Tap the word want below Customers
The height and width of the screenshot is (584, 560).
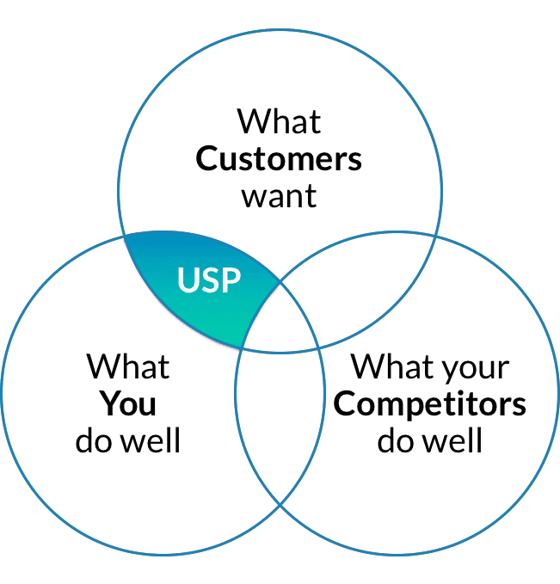pyautogui.click(x=279, y=196)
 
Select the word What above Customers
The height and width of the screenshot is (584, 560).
pyautogui.click(x=279, y=120)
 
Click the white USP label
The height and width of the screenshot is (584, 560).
pyautogui.click(x=209, y=280)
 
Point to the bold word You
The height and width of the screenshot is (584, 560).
pyautogui.click(x=127, y=403)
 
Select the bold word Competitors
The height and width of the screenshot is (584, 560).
pyautogui.click(x=430, y=403)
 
